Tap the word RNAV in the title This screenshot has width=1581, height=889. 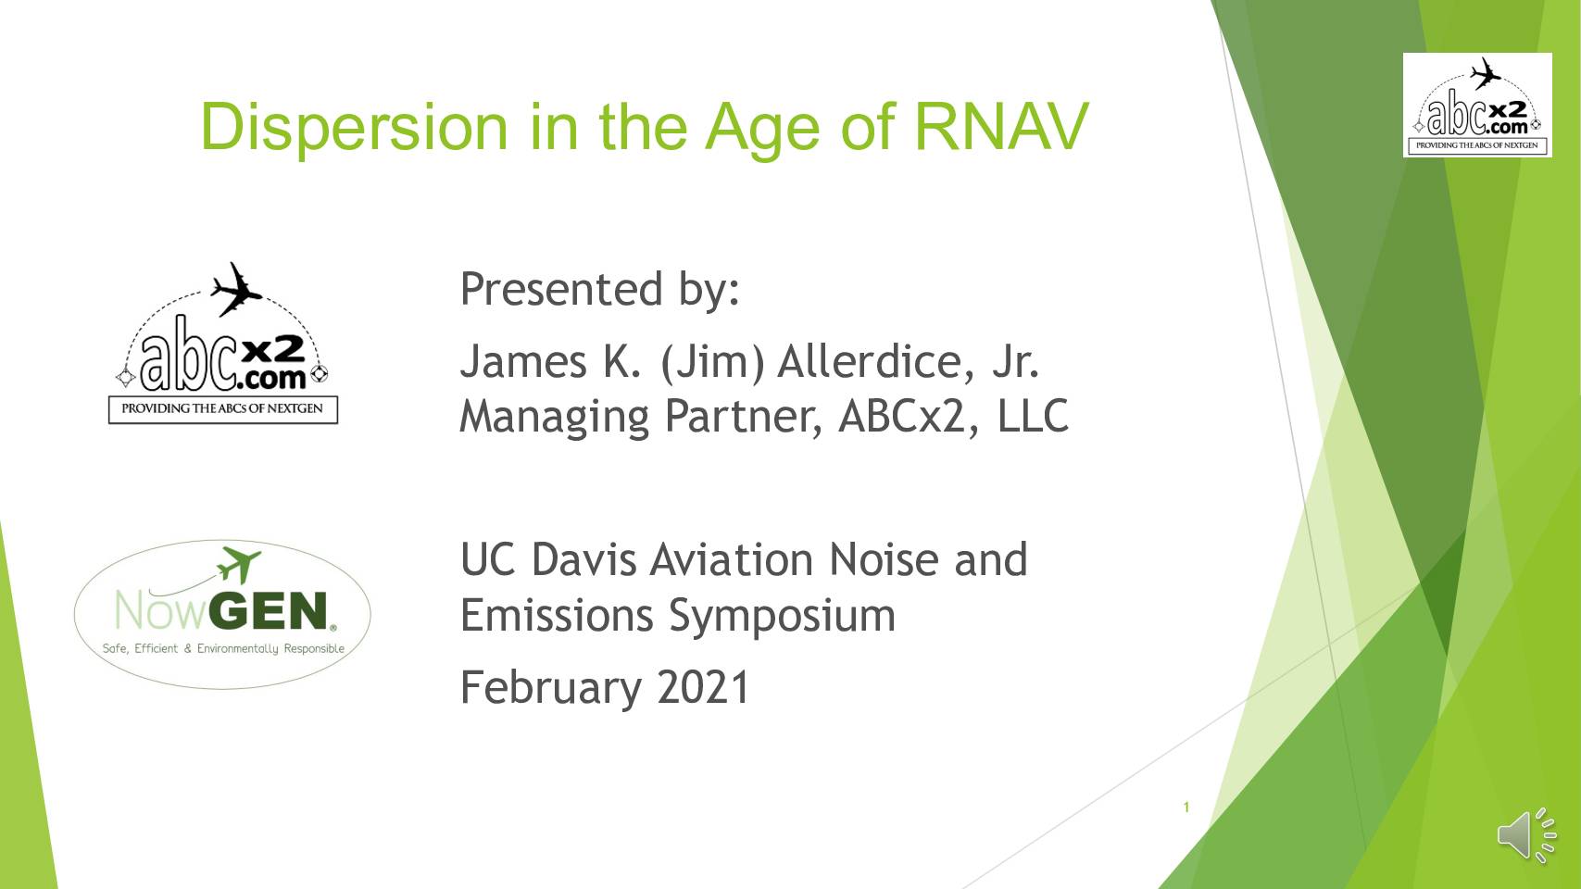click(1001, 127)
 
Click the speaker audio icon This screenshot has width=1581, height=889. click(1526, 835)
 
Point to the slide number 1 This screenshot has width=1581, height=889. click(1186, 808)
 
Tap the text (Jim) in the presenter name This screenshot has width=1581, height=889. click(712, 362)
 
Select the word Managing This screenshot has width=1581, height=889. click(554, 417)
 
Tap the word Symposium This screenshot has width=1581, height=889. click(782, 617)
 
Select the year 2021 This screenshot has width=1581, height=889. click(703, 687)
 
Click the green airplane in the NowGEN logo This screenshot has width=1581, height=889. click(239, 565)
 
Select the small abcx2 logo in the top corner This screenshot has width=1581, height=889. click(1477, 105)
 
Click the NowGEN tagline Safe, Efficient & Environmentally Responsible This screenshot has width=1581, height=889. click(223, 648)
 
